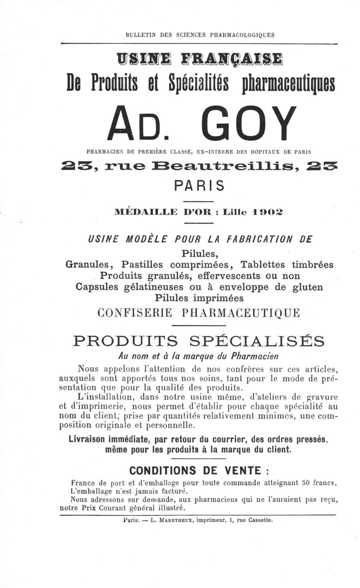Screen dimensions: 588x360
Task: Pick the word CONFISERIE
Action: (x=135, y=312)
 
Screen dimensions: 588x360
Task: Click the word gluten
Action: (x=307, y=287)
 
